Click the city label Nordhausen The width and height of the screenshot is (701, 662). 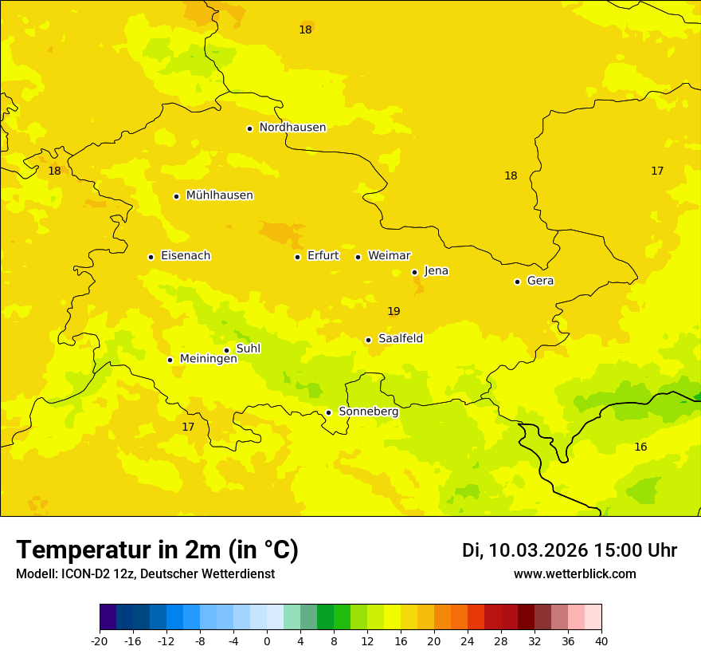click(292, 128)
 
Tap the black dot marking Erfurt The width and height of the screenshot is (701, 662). click(297, 257)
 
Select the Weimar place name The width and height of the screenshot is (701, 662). click(389, 256)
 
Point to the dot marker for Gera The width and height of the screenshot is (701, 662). click(517, 282)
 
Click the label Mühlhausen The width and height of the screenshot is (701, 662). click(219, 195)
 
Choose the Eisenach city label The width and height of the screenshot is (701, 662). click(186, 256)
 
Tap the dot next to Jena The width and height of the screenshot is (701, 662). click(414, 272)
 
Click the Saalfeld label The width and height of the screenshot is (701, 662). click(401, 339)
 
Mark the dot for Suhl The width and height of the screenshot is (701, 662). click(226, 350)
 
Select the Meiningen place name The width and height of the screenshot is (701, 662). click(209, 359)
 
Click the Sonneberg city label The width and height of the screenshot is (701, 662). click(369, 412)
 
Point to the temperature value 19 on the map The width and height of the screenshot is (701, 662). click(394, 312)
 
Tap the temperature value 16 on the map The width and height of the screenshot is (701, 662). click(640, 447)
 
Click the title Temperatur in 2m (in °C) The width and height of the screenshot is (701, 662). click(157, 550)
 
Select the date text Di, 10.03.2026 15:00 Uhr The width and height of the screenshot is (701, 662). click(570, 551)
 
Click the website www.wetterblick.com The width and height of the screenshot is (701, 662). click(574, 574)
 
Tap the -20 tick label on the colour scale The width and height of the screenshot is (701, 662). click(100, 641)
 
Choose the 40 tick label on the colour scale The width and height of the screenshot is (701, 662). click(601, 641)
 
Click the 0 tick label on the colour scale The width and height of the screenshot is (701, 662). click(267, 641)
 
